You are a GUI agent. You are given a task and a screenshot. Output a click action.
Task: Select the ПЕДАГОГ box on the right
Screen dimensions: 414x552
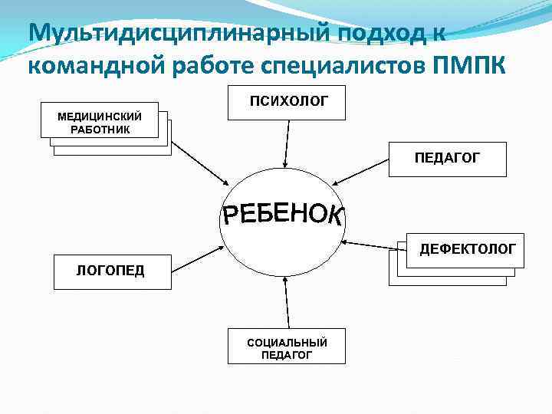click(447, 159)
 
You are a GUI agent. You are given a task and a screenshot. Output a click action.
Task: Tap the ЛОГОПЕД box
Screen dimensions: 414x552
click(112, 271)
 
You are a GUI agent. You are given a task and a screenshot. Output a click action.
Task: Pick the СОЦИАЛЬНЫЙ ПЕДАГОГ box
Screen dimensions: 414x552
click(287, 347)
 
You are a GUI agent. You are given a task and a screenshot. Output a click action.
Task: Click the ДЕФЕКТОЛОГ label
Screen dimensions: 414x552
click(466, 249)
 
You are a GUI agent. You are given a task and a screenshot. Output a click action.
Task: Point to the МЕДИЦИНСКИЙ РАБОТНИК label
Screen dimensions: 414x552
click(100, 123)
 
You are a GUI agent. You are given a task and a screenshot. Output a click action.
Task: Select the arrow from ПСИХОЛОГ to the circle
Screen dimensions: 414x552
click(286, 143)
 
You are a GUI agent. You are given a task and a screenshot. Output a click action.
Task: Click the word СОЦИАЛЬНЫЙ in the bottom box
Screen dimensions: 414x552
click(287, 342)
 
